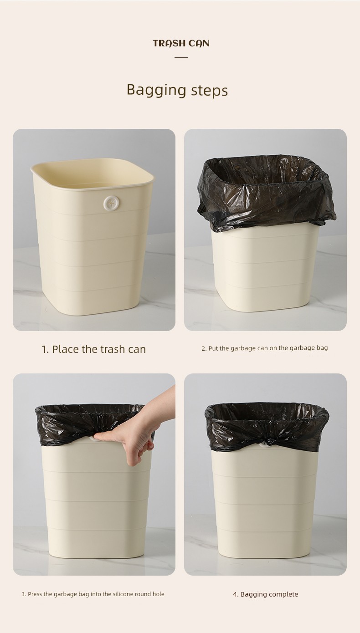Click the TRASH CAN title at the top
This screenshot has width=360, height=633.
coord(181,44)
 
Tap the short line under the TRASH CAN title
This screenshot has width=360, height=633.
coord(181,57)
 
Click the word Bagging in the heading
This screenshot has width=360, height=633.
coord(156,91)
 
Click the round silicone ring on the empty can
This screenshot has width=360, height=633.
coord(110,203)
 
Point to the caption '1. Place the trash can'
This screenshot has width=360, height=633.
coord(94,349)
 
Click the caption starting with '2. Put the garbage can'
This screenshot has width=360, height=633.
coord(265,348)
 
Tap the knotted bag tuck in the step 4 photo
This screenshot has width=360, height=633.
coord(267,442)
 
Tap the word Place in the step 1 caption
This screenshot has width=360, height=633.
coord(65,349)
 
